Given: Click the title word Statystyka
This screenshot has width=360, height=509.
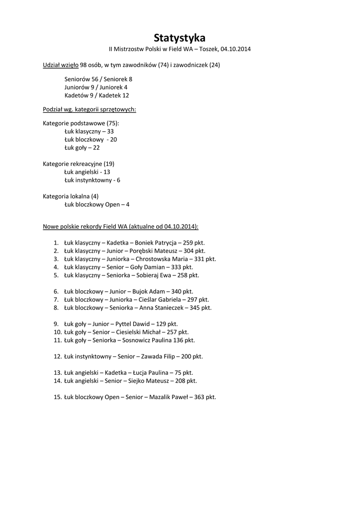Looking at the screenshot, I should click(180, 38).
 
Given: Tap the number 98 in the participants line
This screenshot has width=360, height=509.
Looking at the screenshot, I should click(84, 65).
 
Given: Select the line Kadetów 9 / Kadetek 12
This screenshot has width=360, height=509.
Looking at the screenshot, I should click(96, 95).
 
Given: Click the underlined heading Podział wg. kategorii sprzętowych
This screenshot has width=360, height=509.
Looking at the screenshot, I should click(90, 109).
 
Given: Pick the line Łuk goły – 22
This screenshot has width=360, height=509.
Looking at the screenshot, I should click(82, 148).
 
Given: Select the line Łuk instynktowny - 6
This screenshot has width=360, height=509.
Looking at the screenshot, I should click(92, 180).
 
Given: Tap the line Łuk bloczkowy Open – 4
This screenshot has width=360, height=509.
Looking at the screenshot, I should click(97, 204).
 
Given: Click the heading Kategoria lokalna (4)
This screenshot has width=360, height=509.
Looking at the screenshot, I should click(71, 196).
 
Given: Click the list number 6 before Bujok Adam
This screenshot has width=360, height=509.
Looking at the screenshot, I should click(56, 291).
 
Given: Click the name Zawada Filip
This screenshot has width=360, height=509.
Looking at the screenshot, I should click(159, 356).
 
